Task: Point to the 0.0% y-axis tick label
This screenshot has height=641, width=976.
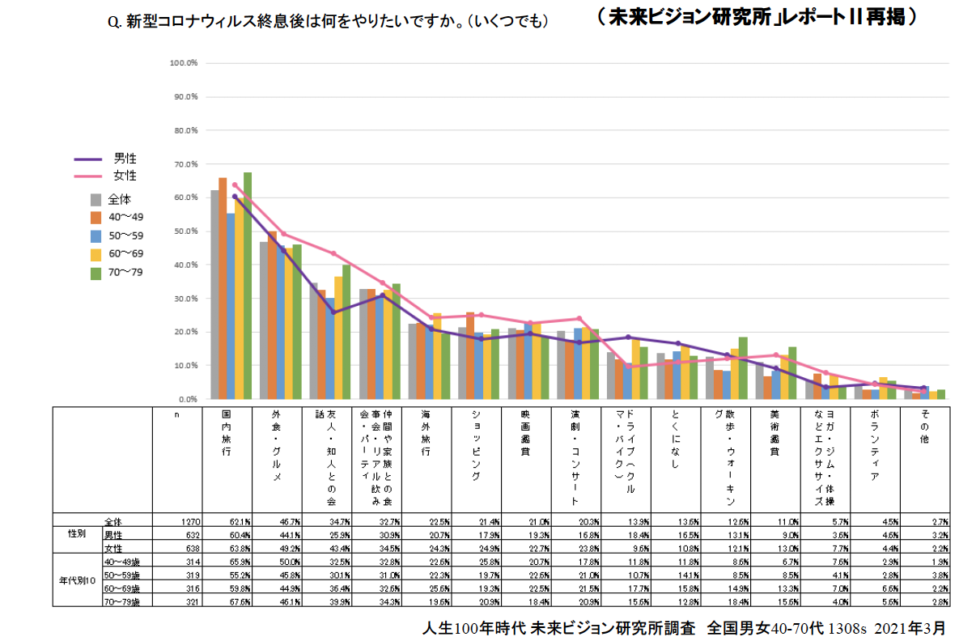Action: (x=186, y=399)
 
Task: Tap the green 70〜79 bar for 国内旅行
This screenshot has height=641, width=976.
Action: (x=248, y=286)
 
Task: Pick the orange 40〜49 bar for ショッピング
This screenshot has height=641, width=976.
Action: (x=470, y=355)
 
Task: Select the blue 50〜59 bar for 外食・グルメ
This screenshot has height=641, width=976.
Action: (x=281, y=323)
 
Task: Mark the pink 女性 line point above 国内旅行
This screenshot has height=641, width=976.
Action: (x=235, y=185)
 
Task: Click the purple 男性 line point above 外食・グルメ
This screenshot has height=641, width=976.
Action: (x=283, y=250)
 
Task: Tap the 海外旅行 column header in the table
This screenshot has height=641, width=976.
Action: (x=426, y=432)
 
